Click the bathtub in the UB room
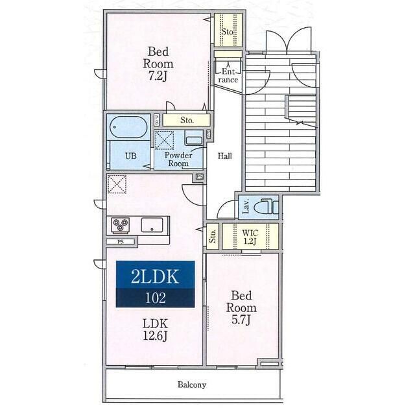pyautogui.click(x=128, y=127)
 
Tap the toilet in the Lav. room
pyautogui.click(x=267, y=207)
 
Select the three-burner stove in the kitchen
pyautogui.click(x=121, y=225)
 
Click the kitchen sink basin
pyautogui.click(x=152, y=225)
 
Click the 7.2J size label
pyautogui.click(x=158, y=77)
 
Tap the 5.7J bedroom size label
pyautogui.click(x=241, y=320)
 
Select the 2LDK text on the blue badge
pyautogui.click(x=155, y=276)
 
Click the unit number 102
pyautogui.click(x=156, y=298)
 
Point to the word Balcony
pyautogui.click(x=192, y=385)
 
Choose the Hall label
pyautogui.click(x=225, y=156)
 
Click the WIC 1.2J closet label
pyautogui.click(x=250, y=237)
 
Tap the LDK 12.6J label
pyautogui.click(x=156, y=329)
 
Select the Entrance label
pyautogui.click(x=228, y=75)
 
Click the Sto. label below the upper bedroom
pyautogui.click(x=187, y=120)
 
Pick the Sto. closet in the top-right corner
pyautogui.click(x=228, y=30)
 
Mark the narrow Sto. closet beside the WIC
pyautogui.click(x=213, y=236)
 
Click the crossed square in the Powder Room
pyautogui.click(x=164, y=140)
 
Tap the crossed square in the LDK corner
pyautogui.click(x=117, y=184)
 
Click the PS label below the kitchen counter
pyautogui.click(x=121, y=242)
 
